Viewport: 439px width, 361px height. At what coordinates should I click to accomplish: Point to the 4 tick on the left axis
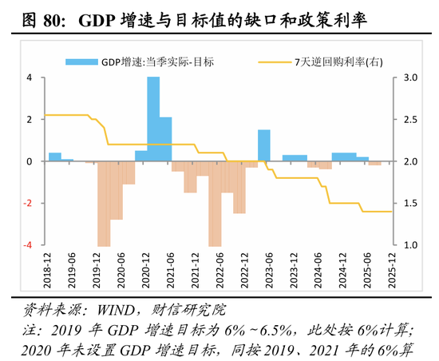pos(30,78)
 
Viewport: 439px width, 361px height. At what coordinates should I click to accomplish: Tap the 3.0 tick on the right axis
pos(411,78)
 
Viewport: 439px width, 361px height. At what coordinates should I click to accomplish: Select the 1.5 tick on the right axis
pos(411,204)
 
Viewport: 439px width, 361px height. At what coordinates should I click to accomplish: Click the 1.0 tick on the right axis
pos(411,245)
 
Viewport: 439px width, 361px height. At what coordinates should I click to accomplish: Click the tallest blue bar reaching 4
pos(153,119)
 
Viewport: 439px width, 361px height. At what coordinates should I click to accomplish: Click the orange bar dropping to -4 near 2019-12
pos(104,204)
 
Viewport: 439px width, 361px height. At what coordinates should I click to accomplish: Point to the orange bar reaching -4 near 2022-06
pos(215,204)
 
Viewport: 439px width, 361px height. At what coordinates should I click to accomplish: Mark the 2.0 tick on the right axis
pos(411,162)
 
